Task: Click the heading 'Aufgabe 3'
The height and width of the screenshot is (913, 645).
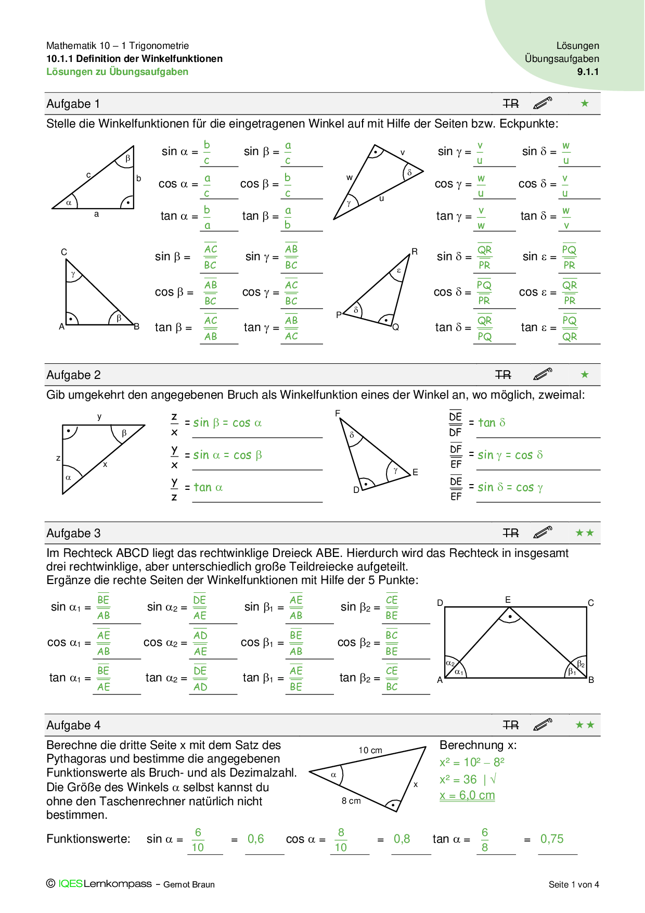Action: pos(73,534)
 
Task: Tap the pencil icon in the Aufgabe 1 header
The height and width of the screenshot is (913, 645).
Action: pos(543,104)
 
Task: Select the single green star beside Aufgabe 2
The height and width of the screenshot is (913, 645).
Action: pos(585,375)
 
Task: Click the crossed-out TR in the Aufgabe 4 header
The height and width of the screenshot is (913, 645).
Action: pos(511,725)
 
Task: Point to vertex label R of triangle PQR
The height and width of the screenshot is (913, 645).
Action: pos(415,252)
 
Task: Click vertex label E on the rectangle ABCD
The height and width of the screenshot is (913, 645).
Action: pos(508,600)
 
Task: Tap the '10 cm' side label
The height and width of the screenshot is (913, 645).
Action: pos(370,750)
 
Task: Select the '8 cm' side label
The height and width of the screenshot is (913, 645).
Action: pos(351,801)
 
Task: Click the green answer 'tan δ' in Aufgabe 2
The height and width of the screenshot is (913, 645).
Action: pos(492,423)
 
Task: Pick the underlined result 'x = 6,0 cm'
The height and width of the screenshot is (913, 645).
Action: pos(467,795)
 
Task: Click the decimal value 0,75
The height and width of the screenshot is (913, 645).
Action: pos(552,839)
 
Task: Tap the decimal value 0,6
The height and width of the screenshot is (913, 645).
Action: pos(255,839)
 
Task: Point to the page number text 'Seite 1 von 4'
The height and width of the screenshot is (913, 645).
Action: pos(574,884)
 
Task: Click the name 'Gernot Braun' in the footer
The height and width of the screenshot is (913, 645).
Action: pos(189,884)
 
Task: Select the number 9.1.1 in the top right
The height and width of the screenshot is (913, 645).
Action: pos(588,72)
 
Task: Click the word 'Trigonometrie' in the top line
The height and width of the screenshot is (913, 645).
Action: pos(159,46)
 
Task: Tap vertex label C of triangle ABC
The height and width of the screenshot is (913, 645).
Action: pos(64,252)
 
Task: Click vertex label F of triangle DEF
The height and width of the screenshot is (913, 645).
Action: pos(338,413)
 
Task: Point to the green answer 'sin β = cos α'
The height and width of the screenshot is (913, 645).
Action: pos(227,423)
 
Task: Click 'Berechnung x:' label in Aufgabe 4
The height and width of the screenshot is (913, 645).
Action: pos(478,745)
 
